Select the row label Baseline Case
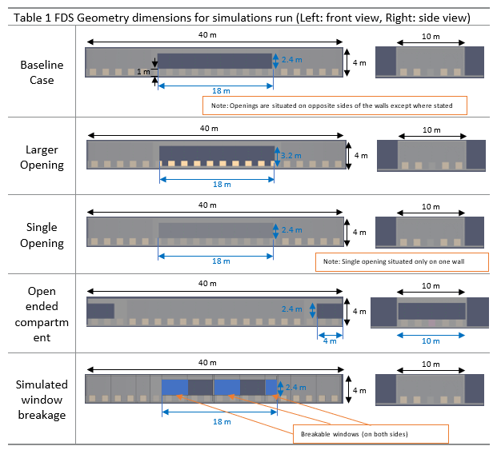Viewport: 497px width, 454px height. point(42,72)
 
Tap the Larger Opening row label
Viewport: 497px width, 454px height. point(42,157)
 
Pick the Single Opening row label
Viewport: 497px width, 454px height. point(42,235)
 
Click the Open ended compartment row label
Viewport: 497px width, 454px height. point(42,314)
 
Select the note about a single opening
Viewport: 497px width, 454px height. point(402,262)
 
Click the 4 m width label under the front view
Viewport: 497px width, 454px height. point(329,340)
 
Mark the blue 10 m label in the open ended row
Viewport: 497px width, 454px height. point(431,340)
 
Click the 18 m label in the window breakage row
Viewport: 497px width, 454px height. point(219,421)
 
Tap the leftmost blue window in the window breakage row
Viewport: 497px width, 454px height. point(174,387)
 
